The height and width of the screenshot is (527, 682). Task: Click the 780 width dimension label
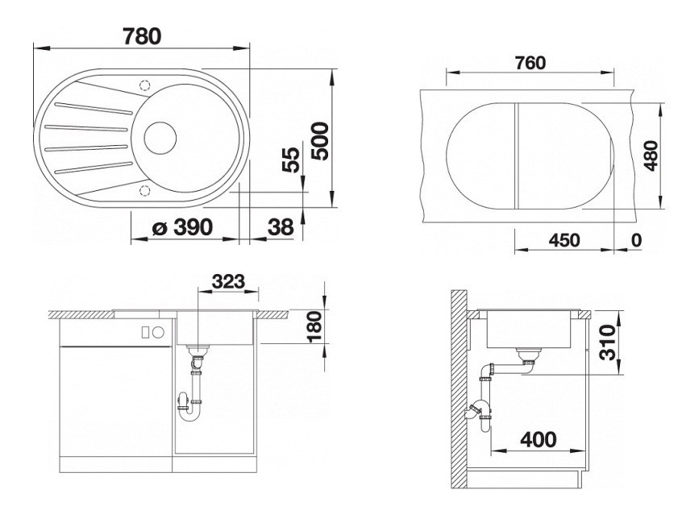[x=142, y=36]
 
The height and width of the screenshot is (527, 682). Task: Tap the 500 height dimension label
[x=321, y=141]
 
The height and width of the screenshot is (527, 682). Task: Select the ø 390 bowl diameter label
[x=183, y=227]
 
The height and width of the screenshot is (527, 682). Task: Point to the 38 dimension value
[x=281, y=227]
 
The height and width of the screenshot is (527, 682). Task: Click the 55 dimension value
[x=291, y=160]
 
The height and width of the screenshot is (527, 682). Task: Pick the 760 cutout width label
[x=530, y=63]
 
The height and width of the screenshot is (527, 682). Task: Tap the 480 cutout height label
[x=651, y=156]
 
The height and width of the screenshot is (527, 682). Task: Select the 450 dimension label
[x=564, y=240]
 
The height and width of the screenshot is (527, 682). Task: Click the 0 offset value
[x=636, y=240]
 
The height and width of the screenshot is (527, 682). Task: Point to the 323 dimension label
[x=228, y=282]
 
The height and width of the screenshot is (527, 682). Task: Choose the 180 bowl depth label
[x=314, y=326]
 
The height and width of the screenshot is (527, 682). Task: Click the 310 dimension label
[x=608, y=343]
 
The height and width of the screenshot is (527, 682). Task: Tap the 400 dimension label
[x=538, y=440]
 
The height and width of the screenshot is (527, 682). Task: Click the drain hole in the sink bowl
[x=160, y=138]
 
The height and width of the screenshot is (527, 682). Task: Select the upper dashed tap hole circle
[x=144, y=85]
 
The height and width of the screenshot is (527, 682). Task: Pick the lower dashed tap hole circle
[x=144, y=191]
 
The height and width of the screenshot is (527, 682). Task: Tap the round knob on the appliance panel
[x=158, y=332]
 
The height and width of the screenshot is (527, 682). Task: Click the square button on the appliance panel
[x=146, y=332]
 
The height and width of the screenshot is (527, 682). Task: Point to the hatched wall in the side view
[x=459, y=388]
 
